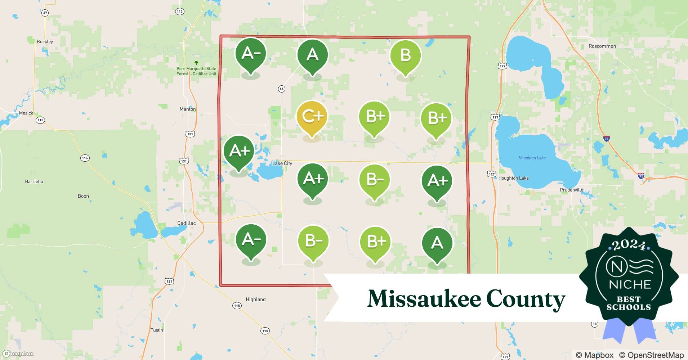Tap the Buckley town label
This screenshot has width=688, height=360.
[x=45, y=42]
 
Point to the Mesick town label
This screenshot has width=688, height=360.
[x=26, y=113]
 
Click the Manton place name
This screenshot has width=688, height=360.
[x=188, y=109]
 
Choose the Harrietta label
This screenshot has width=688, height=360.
[x=34, y=181]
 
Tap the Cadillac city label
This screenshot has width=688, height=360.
[x=187, y=223]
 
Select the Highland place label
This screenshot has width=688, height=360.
[x=255, y=300]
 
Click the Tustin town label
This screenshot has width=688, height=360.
[x=157, y=330]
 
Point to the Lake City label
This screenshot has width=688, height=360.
[x=282, y=163]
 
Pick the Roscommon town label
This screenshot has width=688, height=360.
[x=602, y=46]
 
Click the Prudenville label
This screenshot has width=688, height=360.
[x=571, y=190]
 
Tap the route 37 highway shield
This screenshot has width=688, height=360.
[x=45, y=13]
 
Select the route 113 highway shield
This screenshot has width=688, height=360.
[x=180, y=12]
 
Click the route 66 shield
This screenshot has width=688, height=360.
[x=282, y=89]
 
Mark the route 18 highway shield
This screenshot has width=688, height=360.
[x=594, y=324]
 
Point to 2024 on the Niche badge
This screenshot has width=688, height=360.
[x=629, y=245]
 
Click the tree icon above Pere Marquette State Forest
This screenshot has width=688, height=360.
[x=196, y=63]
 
